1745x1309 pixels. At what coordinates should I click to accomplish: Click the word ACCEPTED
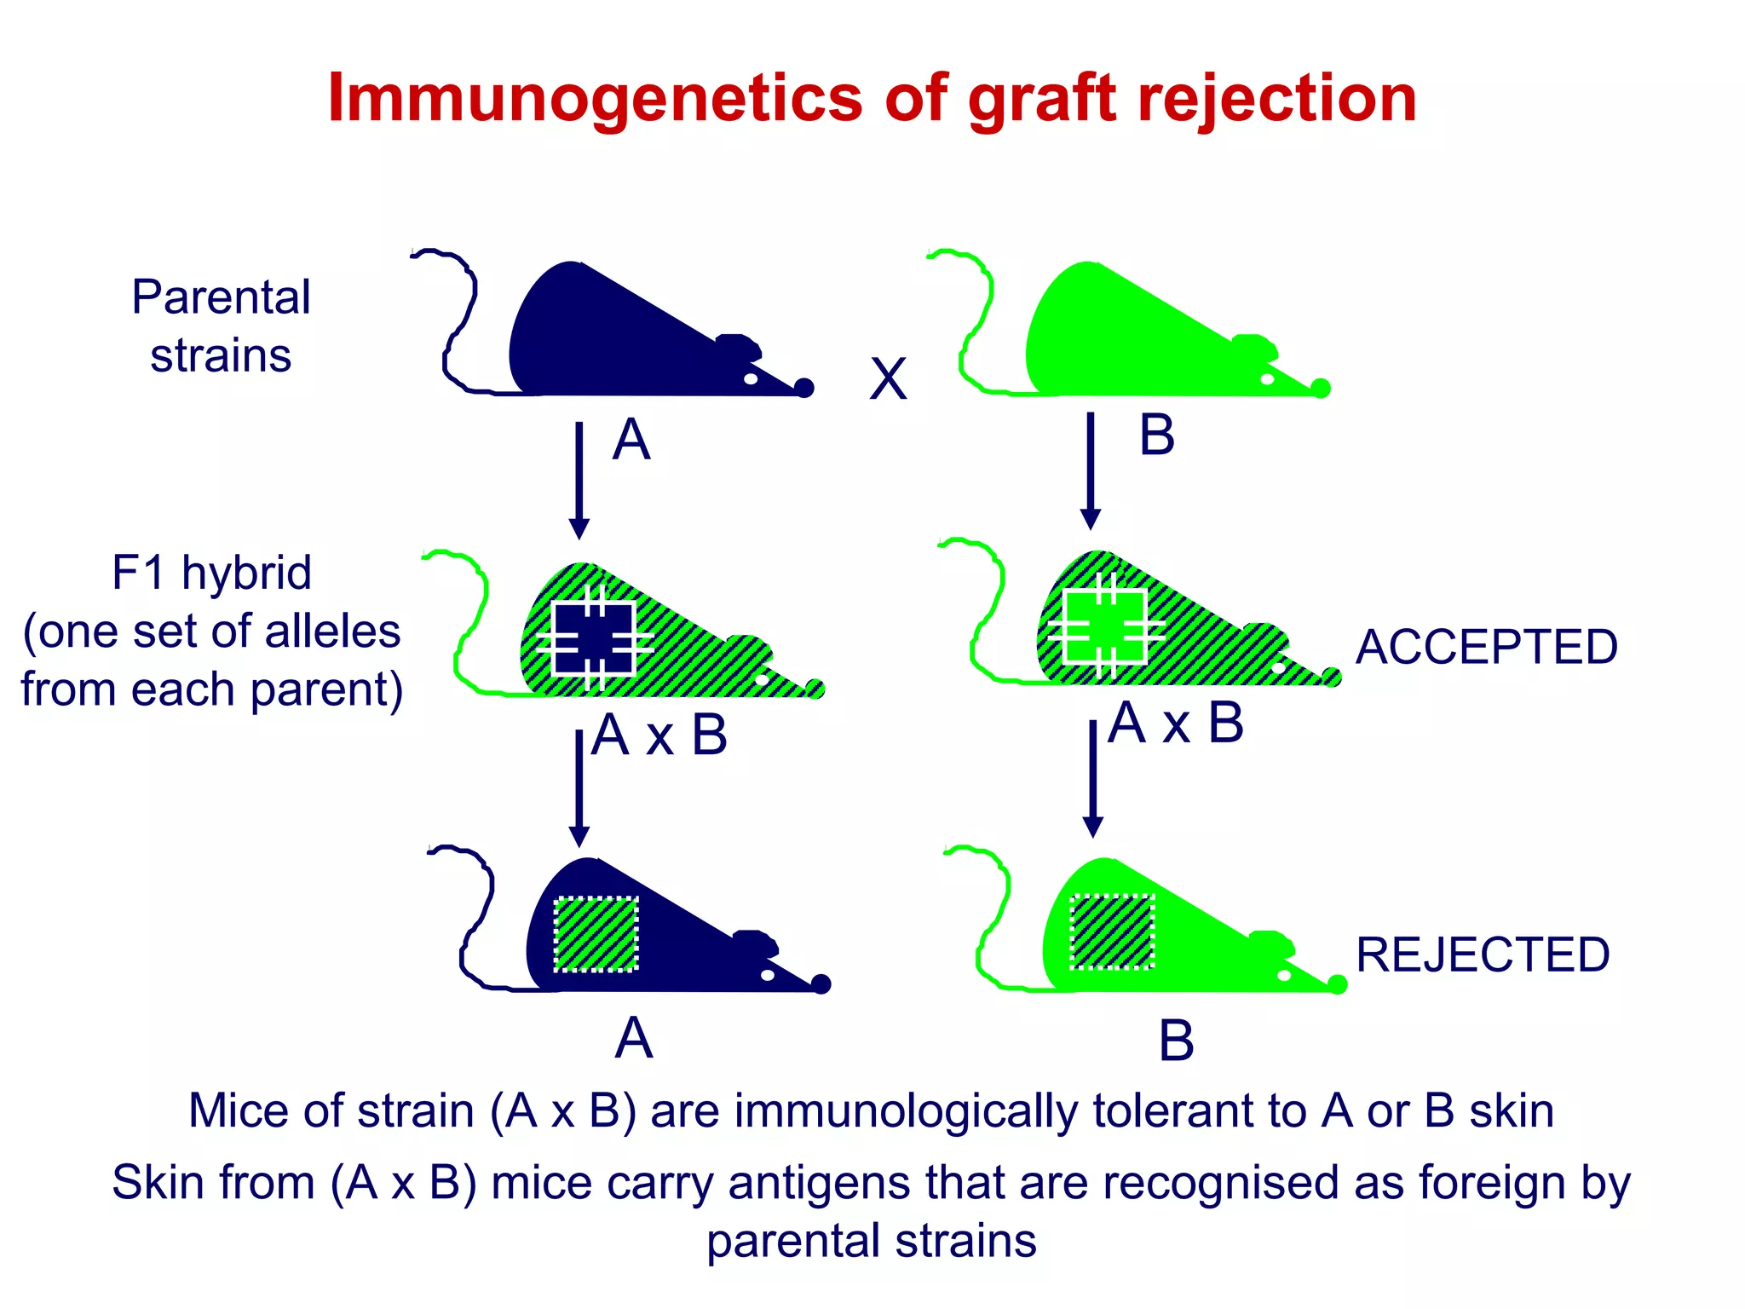click(1486, 648)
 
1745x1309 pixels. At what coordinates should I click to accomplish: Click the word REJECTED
click(1483, 954)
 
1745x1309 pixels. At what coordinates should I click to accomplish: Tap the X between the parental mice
click(888, 379)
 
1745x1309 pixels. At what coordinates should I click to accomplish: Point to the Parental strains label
click(221, 326)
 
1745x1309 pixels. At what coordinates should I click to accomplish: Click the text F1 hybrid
click(211, 573)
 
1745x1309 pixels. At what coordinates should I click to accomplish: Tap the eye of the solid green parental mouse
click(1267, 379)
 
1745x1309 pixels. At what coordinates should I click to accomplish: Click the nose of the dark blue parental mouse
click(803, 389)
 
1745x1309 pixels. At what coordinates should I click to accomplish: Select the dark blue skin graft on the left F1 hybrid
click(594, 638)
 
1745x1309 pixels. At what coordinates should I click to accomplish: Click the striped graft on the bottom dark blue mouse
click(596, 934)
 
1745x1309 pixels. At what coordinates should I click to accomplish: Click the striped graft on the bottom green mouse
click(1112, 931)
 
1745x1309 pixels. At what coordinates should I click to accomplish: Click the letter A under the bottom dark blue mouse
click(634, 1039)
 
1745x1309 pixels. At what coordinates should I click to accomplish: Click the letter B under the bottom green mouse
click(1176, 1041)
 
